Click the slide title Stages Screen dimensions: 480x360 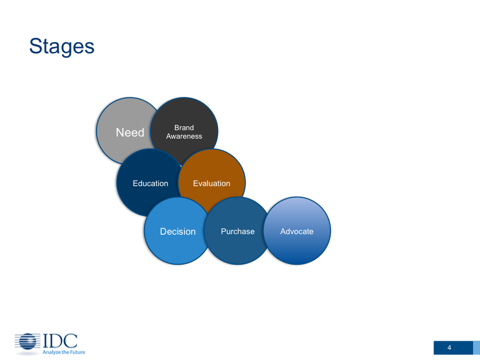(x=61, y=46)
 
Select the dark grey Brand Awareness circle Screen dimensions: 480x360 (x=184, y=131)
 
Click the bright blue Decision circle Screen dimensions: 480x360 (x=178, y=231)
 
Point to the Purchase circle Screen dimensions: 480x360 (x=237, y=231)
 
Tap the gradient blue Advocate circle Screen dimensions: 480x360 (x=297, y=231)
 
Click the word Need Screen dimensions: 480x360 (x=130, y=133)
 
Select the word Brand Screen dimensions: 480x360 (x=184, y=127)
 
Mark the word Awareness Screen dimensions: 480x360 (x=184, y=136)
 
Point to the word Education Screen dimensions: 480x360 (x=150, y=183)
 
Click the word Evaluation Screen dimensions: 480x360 (x=212, y=183)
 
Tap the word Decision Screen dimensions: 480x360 (x=178, y=231)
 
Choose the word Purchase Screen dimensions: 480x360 (x=238, y=231)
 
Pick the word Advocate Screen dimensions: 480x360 (x=297, y=231)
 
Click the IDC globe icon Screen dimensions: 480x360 (x=28, y=342)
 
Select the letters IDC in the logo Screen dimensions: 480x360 (x=60, y=341)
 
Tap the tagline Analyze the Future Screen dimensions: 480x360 (x=63, y=353)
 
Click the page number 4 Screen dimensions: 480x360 (x=450, y=348)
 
